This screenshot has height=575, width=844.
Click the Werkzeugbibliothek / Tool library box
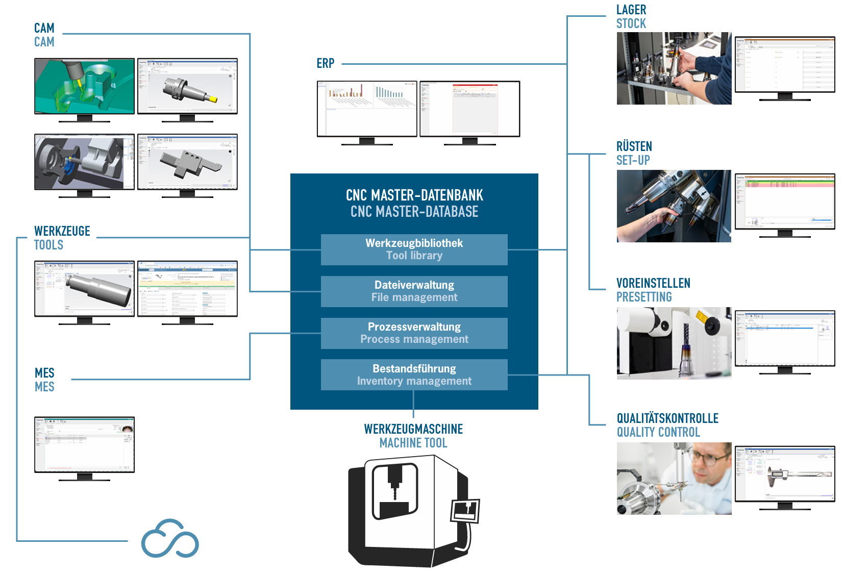click(x=414, y=249)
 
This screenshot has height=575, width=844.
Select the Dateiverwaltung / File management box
click(x=414, y=291)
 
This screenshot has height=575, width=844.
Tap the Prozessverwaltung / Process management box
click(x=414, y=333)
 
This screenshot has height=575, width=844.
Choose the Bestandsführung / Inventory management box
click(x=414, y=375)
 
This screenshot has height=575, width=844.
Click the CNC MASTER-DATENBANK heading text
click(x=414, y=195)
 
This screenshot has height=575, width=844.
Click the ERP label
click(x=325, y=64)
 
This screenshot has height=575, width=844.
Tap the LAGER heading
click(x=631, y=10)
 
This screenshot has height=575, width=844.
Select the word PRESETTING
click(x=643, y=297)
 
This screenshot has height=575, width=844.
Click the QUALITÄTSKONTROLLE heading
click(x=667, y=418)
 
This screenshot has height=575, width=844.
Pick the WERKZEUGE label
click(x=62, y=231)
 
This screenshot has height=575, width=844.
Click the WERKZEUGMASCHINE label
click(x=413, y=429)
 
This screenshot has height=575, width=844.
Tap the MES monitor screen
click(x=84, y=444)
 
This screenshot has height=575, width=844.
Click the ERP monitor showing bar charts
click(x=367, y=109)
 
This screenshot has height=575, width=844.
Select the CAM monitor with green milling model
click(x=84, y=86)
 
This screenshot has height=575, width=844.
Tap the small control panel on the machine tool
click(x=465, y=511)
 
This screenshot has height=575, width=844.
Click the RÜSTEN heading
click(x=634, y=146)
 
